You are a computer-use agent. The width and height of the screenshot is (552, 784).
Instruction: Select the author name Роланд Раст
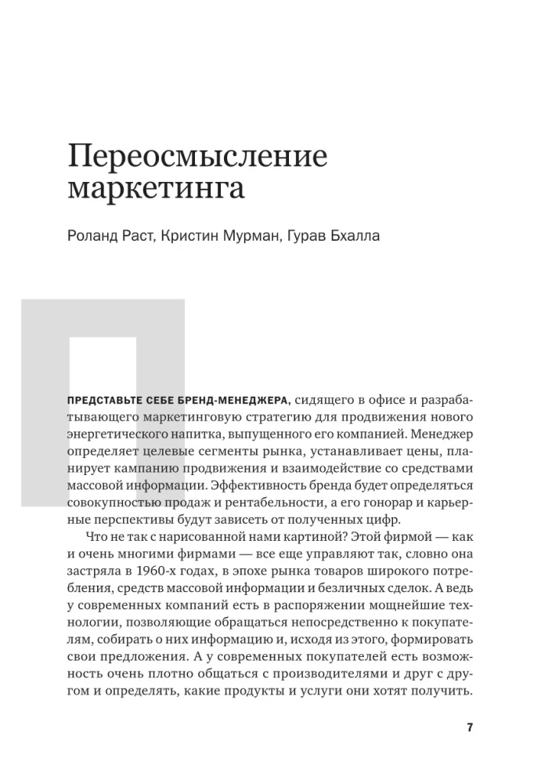(x=110, y=236)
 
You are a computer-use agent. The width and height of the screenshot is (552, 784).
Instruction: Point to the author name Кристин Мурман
(x=215, y=236)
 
